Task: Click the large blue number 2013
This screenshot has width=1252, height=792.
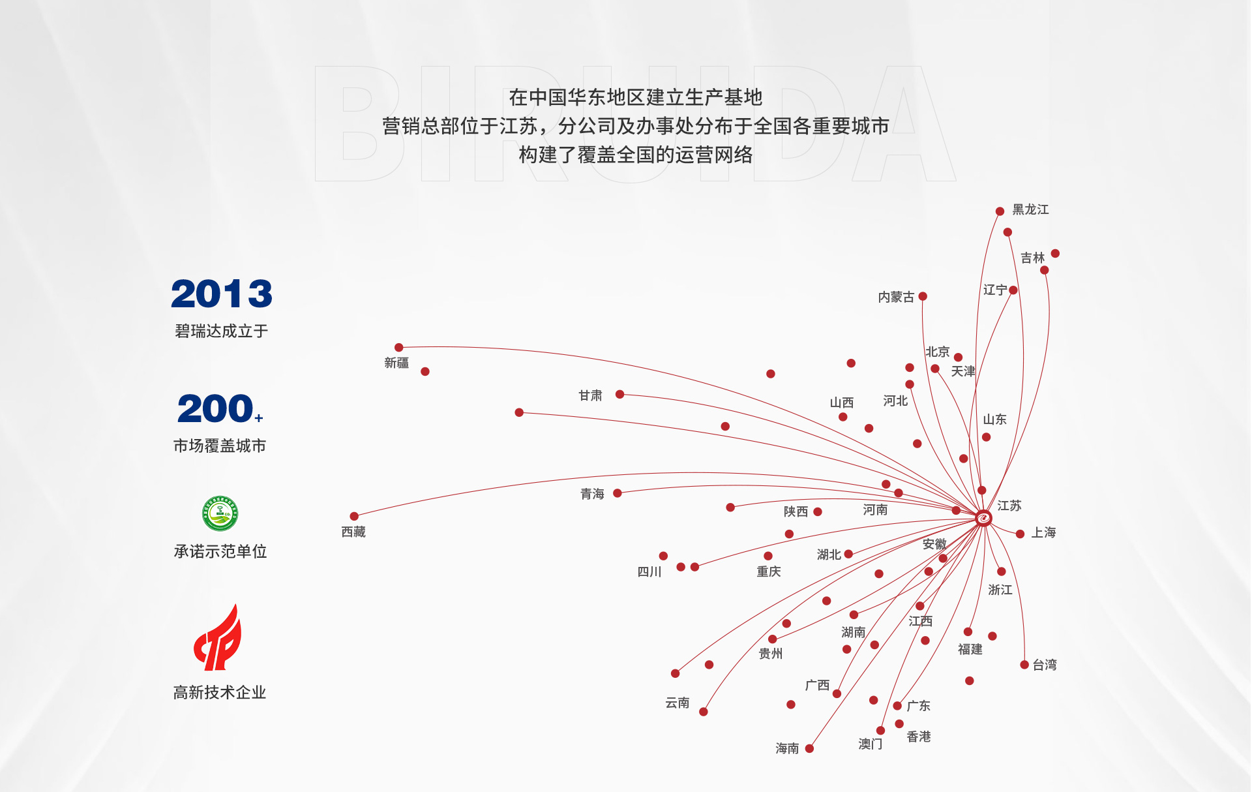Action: (x=222, y=294)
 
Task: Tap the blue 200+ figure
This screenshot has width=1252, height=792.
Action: (x=220, y=408)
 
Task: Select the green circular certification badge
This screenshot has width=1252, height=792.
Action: (x=220, y=513)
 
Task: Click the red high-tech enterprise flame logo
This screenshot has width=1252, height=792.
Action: (x=218, y=637)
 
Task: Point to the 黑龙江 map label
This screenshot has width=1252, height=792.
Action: (x=1030, y=209)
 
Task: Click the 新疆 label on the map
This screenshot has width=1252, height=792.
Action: (x=396, y=363)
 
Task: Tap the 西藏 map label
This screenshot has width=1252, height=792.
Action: (x=353, y=532)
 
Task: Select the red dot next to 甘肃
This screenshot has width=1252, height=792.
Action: (x=620, y=394)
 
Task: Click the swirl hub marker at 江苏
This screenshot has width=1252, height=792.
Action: (x=983, y=518)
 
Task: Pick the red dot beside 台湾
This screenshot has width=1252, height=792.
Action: (x=1024, y=665)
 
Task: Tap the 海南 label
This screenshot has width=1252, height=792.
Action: (x=787, y=748)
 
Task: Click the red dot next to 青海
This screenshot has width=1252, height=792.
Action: (x=618, y=493)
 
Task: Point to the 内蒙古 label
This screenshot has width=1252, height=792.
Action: (x=896, y=297)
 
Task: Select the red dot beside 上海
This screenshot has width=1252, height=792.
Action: (x=1021, y=534)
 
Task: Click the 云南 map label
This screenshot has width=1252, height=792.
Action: (x=678, y=703)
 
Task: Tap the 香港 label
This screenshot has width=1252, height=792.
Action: (x=919, y=737)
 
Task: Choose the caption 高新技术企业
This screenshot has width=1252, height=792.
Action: (x=220, y=692)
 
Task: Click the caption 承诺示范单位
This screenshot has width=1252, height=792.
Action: (x=220, y=551)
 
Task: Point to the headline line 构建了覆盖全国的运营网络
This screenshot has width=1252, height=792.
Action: (x=636, y=155)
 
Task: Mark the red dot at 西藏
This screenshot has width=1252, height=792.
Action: (x=354, y=516)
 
